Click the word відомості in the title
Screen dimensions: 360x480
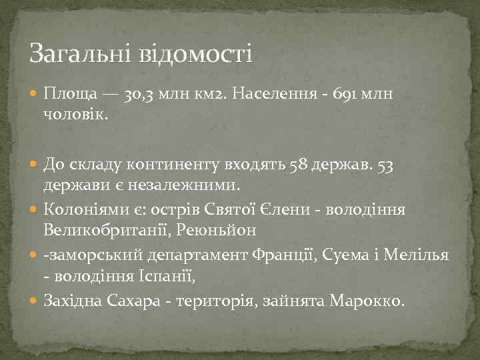click(195, 53)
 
